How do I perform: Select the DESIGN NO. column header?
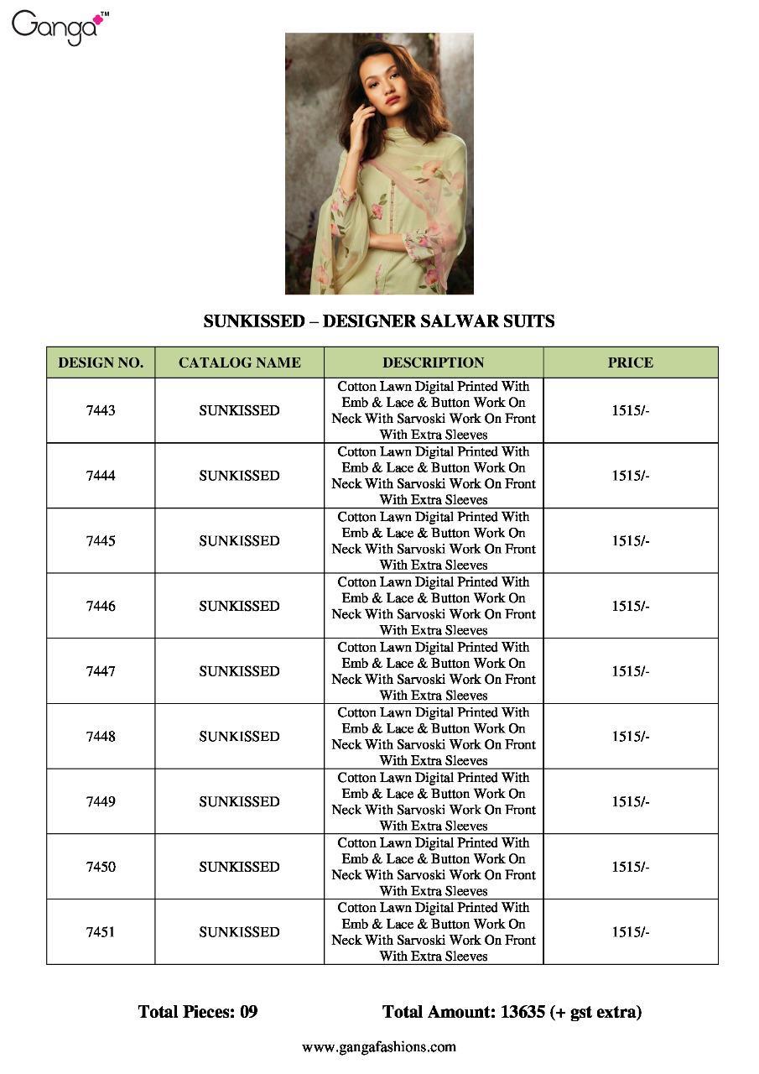tap(101, 362)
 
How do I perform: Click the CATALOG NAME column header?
tap(239, 362)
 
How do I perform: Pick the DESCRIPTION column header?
tap(433, 362)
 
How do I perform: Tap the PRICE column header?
tap(630, 362)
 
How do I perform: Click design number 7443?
tap(101, 410)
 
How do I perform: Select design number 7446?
tap(101, 606)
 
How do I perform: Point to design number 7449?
tap(101, 801)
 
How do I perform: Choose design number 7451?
tap(101, 931)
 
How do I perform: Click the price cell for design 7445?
tap(630, 540)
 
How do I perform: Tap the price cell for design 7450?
tap(630, 867)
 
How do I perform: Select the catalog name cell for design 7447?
tap(239, 671)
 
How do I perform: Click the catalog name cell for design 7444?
tap(239, 476)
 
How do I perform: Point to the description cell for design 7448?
tap(433, 736)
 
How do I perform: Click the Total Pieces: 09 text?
tap(198, 1012)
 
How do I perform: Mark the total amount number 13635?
tap(522, 1012)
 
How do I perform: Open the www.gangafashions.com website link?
tap(379, 1046)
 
